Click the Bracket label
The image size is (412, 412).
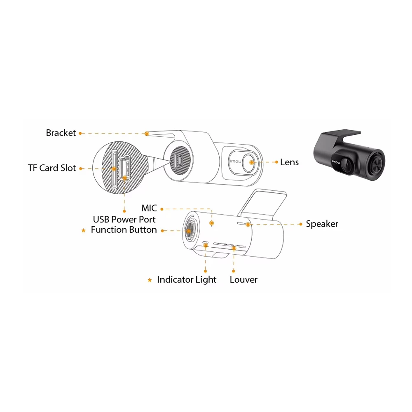(61, 133)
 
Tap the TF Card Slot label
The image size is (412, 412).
(52, 168)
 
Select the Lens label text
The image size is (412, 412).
(289, 162)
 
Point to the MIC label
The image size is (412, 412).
(149, 208)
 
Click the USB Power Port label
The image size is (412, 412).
(124, 220)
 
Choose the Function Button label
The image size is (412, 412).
(124, 230)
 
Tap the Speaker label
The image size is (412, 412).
(322, 224)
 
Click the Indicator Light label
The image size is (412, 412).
(187, 280)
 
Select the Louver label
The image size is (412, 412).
(243, 280)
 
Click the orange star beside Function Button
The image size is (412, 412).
(84, 230)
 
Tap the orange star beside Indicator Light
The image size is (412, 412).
(150, 280)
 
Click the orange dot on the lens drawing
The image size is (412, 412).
(251, 162)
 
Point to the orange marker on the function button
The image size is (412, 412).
(189, 231)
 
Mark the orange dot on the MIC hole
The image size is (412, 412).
(211, 223)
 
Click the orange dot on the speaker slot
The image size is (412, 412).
(248, 225)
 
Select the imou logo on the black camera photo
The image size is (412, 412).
(336, 162)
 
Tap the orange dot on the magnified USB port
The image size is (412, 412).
(124, 178)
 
